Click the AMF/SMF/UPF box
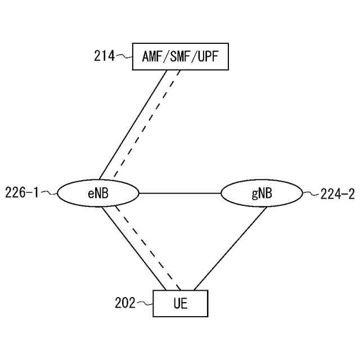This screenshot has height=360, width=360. tap(180, 56)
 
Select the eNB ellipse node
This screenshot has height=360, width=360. tap(98, 193)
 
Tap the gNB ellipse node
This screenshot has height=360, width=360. tap(262, 193)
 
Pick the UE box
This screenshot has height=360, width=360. tap(181, 304)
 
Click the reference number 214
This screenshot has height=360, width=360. tap(104, 56)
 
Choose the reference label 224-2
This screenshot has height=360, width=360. tap(337, 195)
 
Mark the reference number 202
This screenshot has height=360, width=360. tap(125, 303)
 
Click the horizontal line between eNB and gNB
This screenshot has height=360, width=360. tap(180, 193)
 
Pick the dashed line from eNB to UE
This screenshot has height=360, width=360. tap(147, 247)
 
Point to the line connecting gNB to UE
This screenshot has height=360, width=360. tap(229, 248)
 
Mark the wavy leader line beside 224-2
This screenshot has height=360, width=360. tap(311, 194)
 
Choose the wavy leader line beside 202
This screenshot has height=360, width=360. tap(145, 303)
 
